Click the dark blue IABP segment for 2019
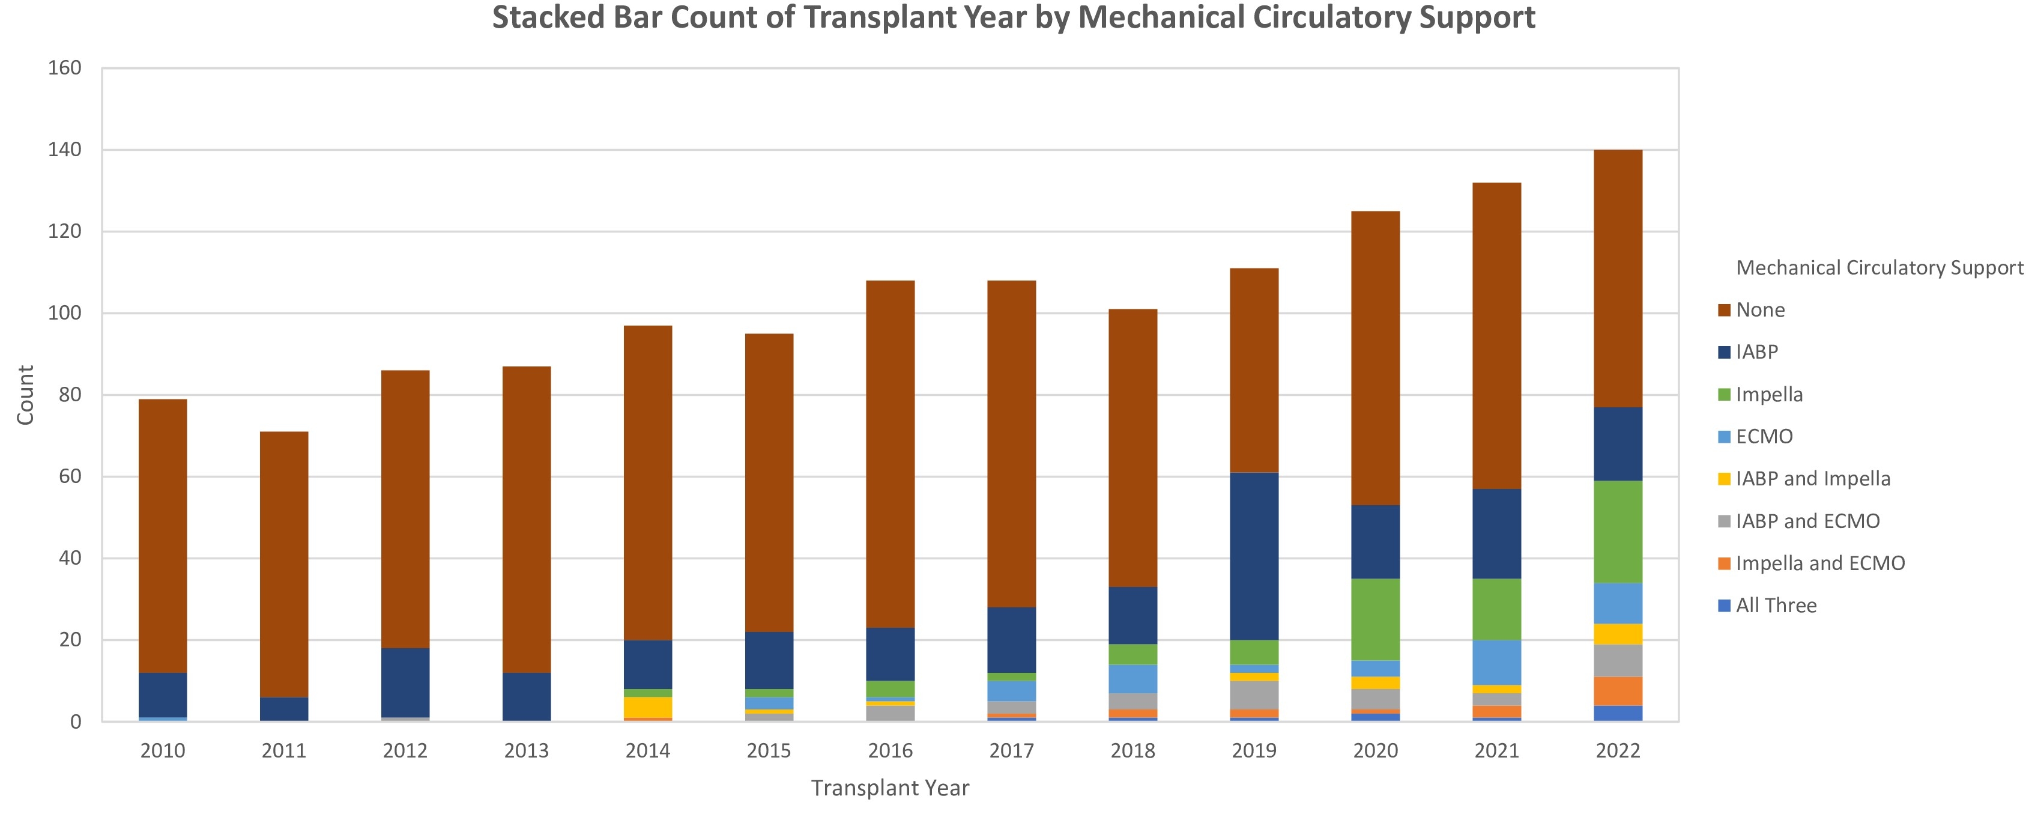pos(1254,556)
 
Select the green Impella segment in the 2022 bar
pos(1618,531)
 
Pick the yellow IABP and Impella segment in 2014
pos(648,707)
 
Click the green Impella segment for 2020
pos(1376,619)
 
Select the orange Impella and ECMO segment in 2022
pos(1618,691)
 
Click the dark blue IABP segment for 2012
pos(405,682)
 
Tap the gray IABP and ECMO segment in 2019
pos(1254,696)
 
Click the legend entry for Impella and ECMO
pos(1819,563)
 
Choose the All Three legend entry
pos(1775,606)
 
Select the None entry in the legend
pos(1759,310)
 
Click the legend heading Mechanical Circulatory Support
pos(1879,267)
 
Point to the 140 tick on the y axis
pos(64,150)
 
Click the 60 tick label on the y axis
pos(69,476)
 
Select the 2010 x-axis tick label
pos(163,750)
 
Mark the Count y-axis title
pos(25,395)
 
